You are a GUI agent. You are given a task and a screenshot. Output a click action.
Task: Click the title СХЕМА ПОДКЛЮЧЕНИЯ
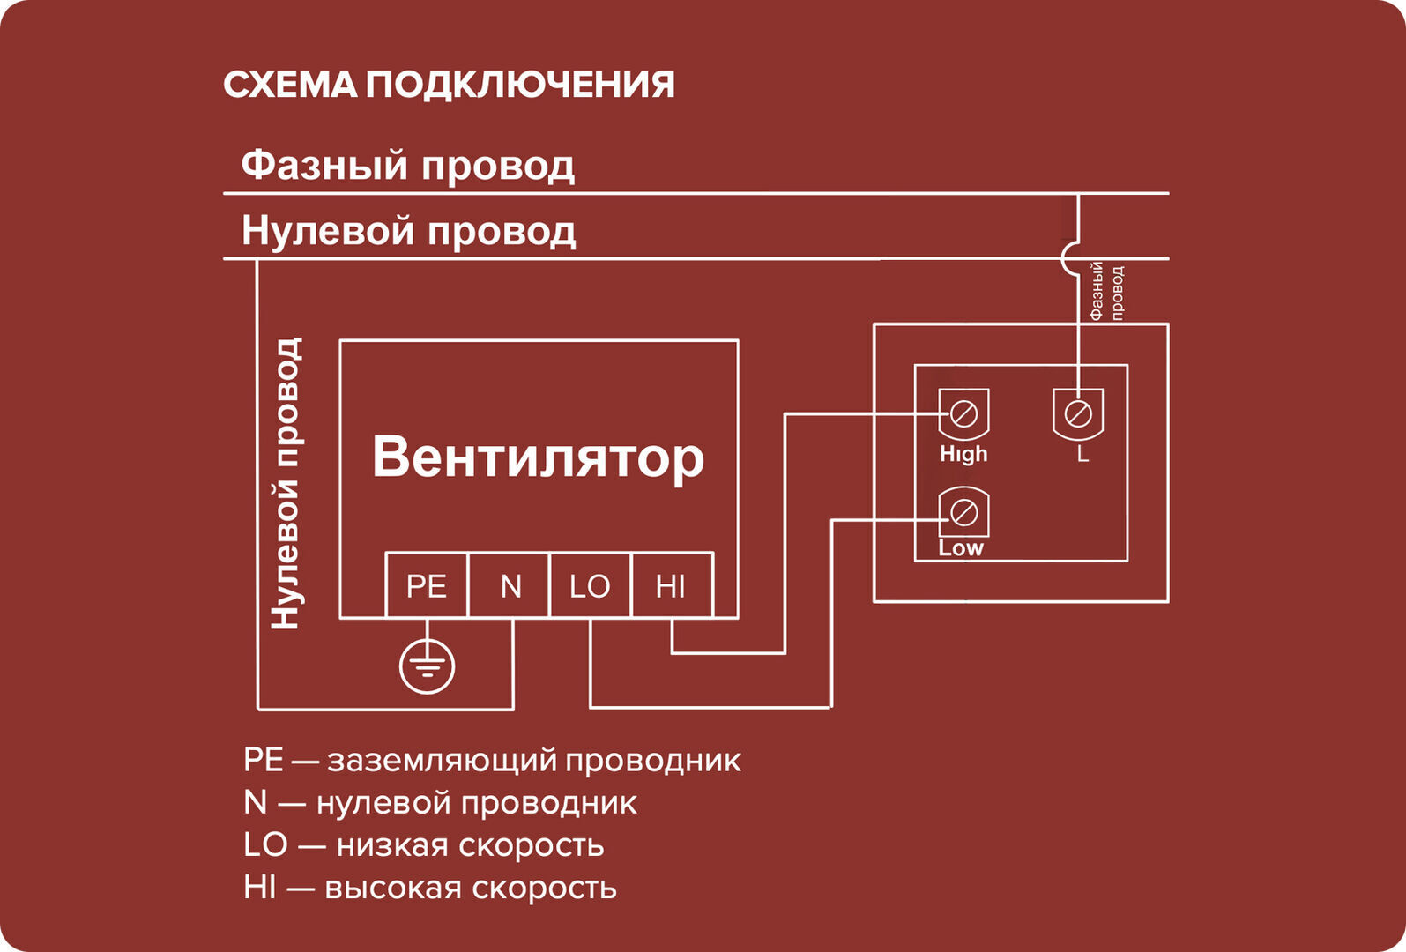point(449,86)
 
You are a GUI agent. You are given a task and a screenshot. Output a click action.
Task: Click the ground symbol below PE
point(427,666)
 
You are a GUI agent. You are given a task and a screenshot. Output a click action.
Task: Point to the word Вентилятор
point(538,457)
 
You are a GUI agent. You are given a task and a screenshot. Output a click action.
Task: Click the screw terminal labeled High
point(963,413)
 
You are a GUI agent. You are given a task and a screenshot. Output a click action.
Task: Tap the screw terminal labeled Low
point(963,511)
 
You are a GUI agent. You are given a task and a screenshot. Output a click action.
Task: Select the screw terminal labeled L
point(1078,413)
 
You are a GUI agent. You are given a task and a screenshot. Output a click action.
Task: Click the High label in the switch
point(963,454)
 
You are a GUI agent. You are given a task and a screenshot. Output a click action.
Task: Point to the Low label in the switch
point(961,548)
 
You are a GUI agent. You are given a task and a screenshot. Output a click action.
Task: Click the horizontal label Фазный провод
point(407,165)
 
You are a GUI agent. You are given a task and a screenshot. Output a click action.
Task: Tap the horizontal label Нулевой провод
point(408,231)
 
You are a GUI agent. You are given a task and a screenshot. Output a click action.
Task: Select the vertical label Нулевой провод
point(286,483)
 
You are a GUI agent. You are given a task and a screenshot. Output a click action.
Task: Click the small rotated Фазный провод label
point(1106,291)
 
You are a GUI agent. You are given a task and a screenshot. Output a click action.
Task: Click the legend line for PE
point(492,760)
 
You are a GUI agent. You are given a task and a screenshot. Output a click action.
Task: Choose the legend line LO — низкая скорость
point(424,844)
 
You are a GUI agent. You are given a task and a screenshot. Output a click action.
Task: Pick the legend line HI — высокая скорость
point(430,887)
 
